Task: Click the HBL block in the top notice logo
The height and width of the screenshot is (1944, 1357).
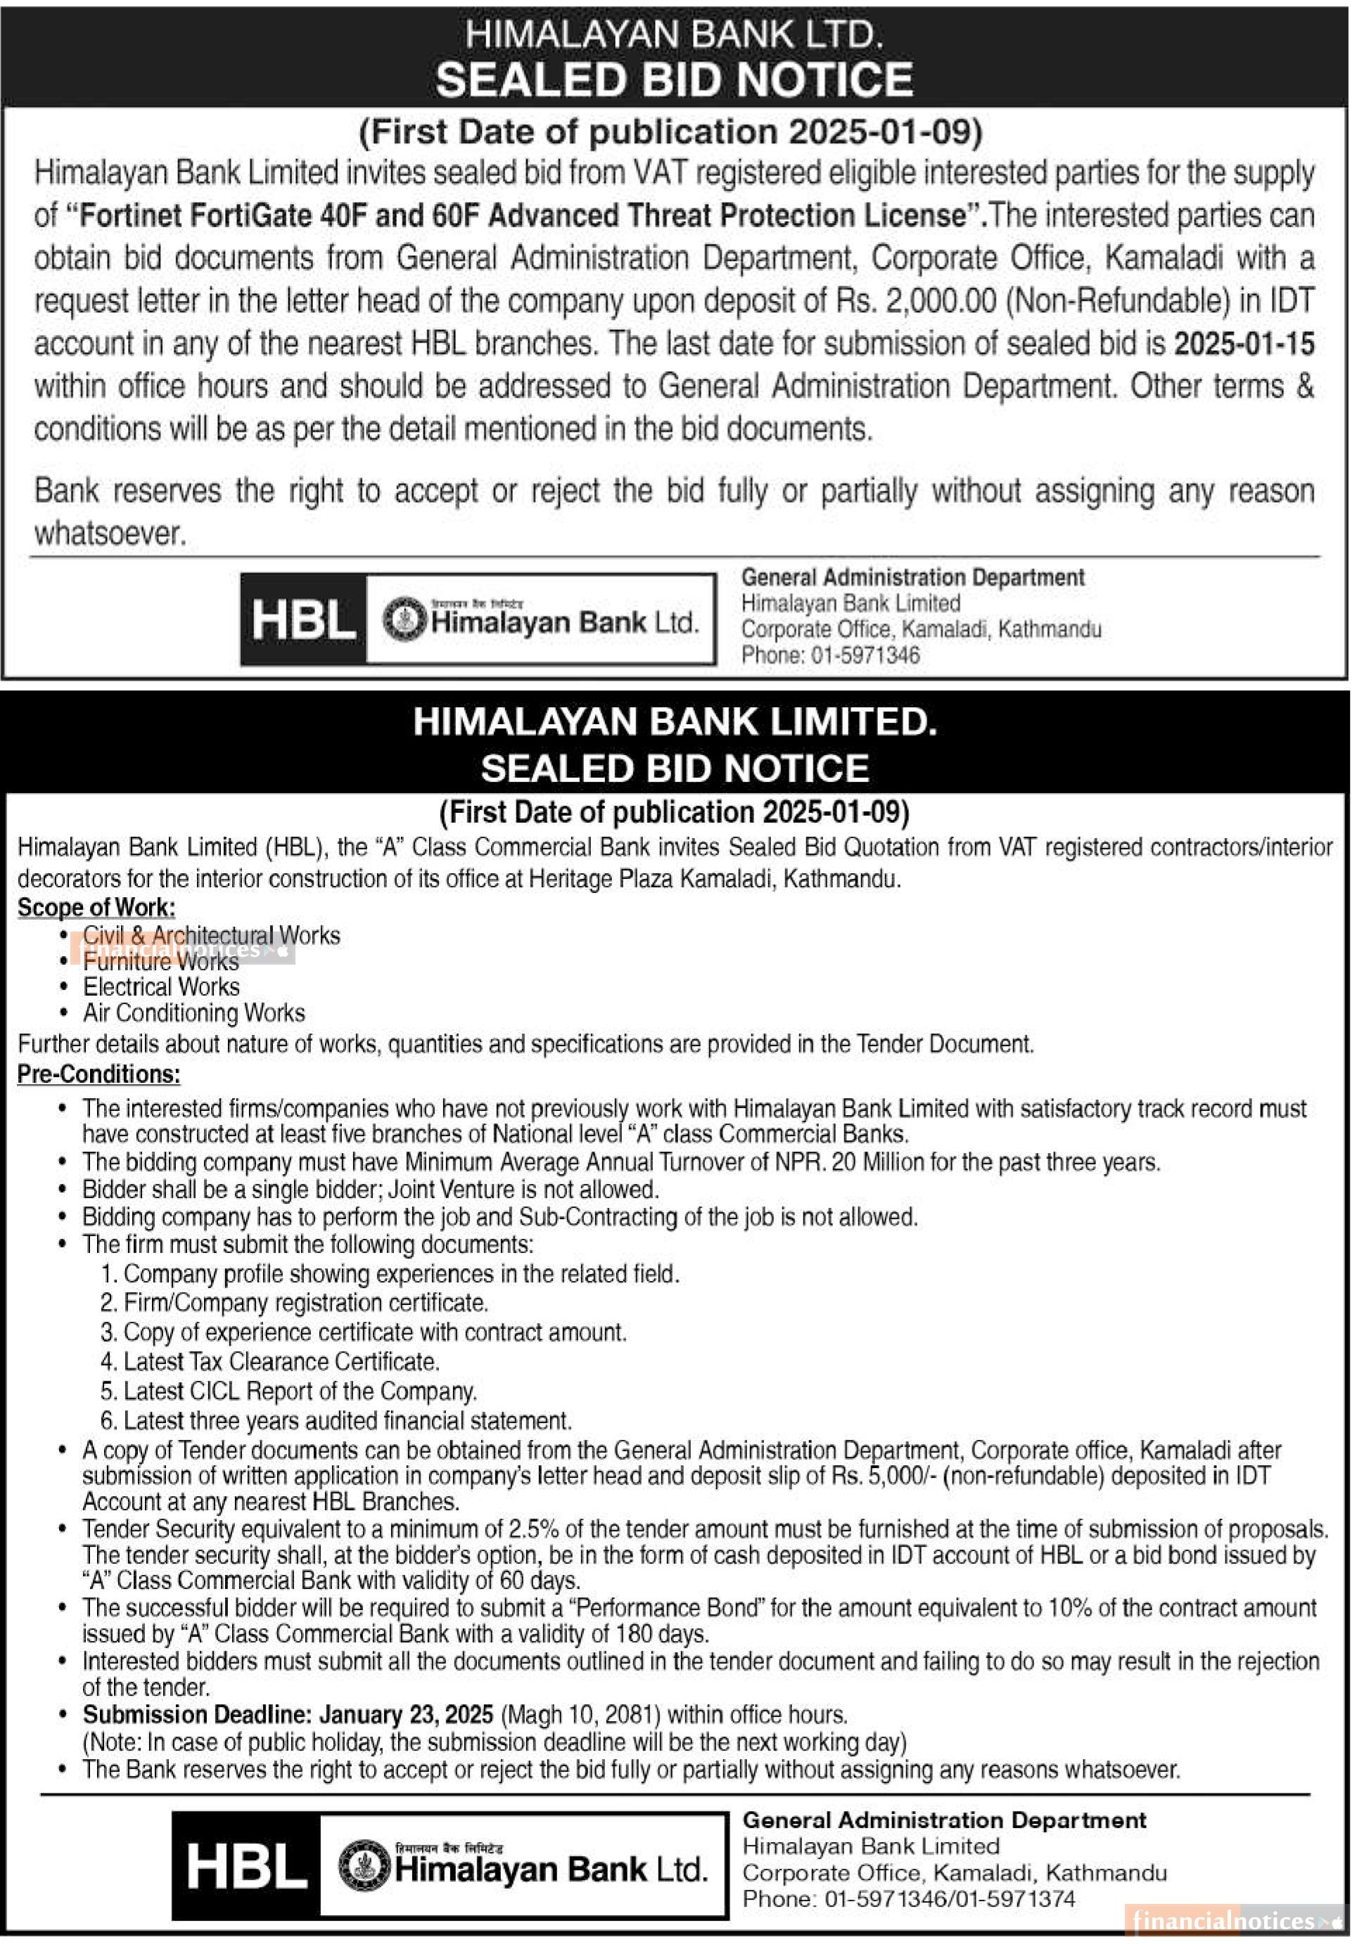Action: click(x=303, y=619)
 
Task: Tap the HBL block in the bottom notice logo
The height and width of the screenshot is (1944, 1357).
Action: click(x=246, y=1866)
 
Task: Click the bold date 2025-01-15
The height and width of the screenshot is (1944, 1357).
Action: click(x=1244, y=344)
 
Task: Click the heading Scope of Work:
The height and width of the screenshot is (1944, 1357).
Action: click(x=96, y=908)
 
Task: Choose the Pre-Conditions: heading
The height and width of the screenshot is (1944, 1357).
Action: click(x=98, y=1074)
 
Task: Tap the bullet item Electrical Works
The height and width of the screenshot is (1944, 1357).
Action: click(x=161, y=987)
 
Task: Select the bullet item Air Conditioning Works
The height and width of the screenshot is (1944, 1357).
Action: click(x=193, y=1014)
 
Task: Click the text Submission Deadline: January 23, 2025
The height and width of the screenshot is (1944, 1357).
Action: click(x=288, y=1716)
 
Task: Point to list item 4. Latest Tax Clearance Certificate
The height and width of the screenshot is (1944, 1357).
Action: click(x=269, y=1361)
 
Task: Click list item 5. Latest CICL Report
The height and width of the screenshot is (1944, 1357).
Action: click(x=288, y=1391)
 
